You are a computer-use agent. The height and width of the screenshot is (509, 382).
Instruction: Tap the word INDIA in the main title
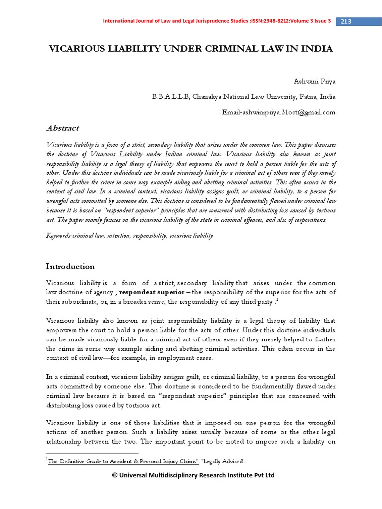click(317, 49)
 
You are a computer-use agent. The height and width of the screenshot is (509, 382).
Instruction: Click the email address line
click(279, 112)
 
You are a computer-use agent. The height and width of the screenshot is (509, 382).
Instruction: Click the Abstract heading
click(62, 128)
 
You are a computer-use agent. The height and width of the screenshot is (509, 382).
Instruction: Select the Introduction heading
click(70, 266)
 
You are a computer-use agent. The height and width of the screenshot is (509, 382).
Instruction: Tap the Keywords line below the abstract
click(129, 236)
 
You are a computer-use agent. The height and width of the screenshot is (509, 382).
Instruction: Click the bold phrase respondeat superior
click(153, 291)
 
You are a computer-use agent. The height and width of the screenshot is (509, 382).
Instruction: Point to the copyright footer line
click(193, 475)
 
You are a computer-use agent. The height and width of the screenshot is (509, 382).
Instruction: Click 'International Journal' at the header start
click(127, 21)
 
